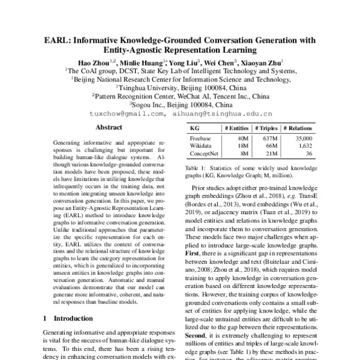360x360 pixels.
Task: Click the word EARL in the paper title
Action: (57, 41)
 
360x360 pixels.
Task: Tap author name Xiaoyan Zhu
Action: (262, 62)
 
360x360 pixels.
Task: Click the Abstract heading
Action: (109, 128)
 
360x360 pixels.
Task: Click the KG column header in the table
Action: (195, 128)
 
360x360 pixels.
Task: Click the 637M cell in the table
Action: (268, 139)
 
